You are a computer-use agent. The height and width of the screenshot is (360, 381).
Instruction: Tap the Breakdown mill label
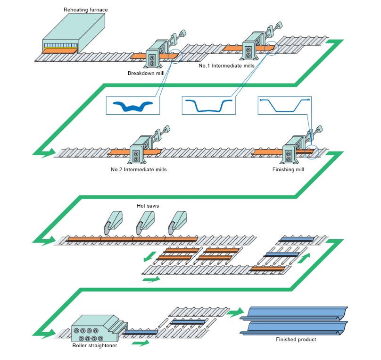click(143, 73)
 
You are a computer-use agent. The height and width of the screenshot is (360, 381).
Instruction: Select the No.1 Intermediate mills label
click(226, 66)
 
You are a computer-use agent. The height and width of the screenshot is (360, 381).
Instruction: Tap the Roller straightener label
click(94, 345)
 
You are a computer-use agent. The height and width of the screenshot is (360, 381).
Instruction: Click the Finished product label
click(296, 339)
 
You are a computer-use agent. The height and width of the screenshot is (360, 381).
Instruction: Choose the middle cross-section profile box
click(208, 105)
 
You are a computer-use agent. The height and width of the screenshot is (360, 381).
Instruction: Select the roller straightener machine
click(94, 327)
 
